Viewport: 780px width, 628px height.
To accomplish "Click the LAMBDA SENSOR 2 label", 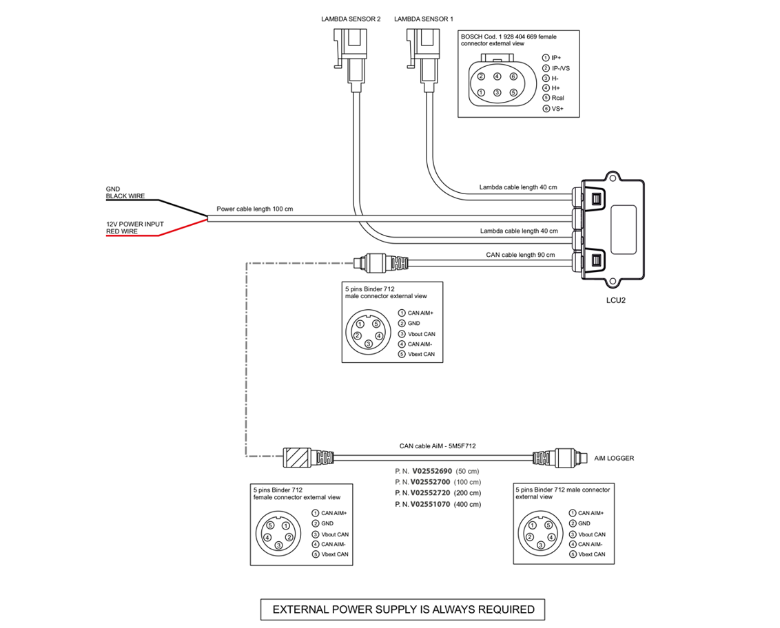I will coord(350,19).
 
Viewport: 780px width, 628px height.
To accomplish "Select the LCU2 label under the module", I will coord(615,300).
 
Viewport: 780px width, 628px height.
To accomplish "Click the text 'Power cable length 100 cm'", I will coord(255,209).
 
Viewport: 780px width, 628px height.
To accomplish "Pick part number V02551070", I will coord(430,504).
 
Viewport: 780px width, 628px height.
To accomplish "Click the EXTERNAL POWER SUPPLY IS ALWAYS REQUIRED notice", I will coord(402,609).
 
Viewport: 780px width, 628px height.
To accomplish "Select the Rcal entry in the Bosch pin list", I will coord(558,98).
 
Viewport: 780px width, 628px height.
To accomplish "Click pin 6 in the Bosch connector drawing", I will coord(513,76).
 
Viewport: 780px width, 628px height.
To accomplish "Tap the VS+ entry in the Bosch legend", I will coord(557,108).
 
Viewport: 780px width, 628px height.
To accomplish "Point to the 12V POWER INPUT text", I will coord(135,224).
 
